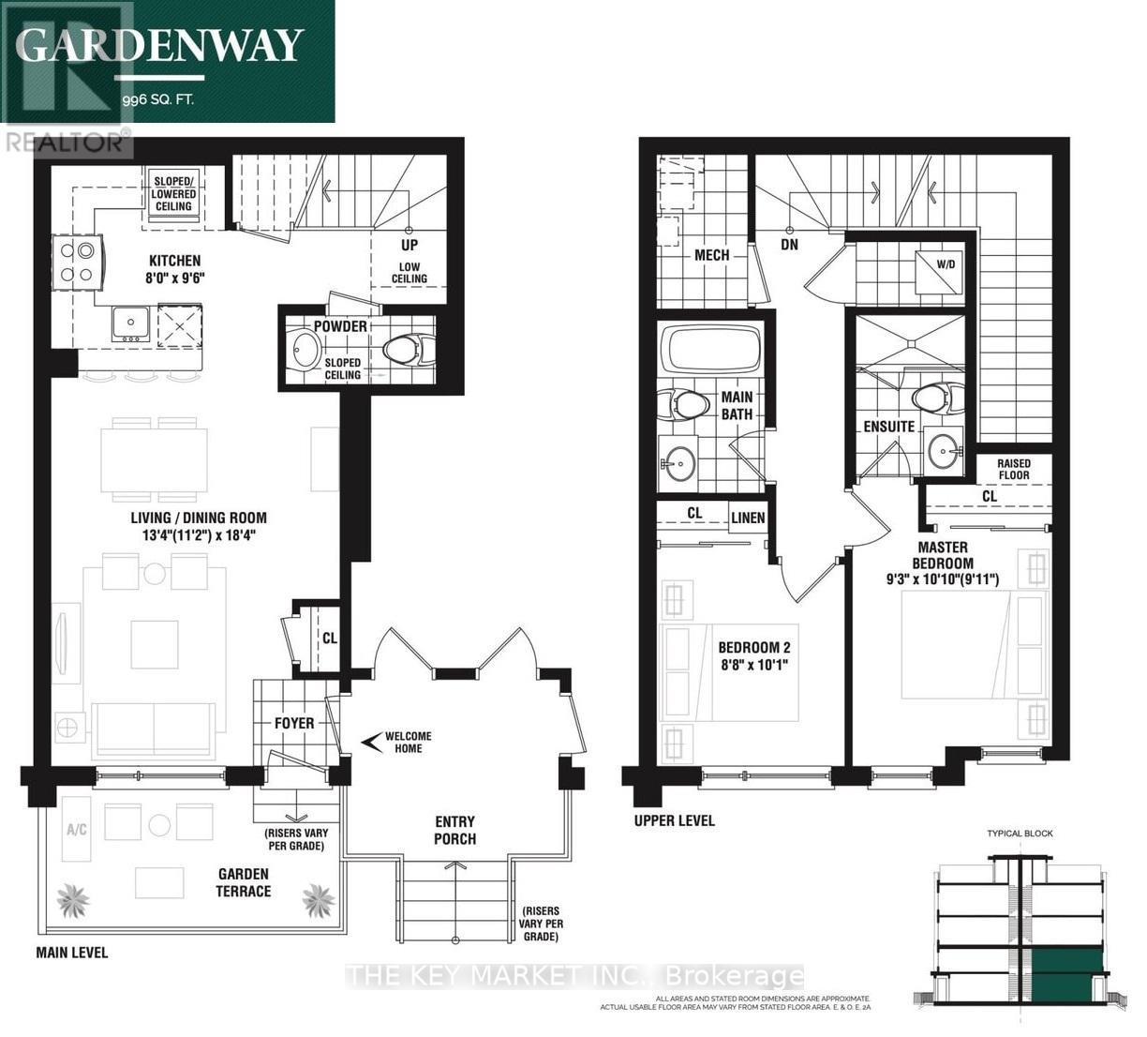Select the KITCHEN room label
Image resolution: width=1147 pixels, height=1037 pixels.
(x=174, y=261)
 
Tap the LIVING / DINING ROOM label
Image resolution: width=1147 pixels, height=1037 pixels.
(x=199, y=518)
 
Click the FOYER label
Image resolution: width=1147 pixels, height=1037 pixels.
(x=293, y=723)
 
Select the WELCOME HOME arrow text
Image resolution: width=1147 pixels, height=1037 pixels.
(x=398, y=742)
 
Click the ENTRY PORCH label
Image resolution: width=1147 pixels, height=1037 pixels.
(x=454, y=830)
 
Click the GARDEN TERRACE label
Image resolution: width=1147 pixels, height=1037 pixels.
(x=244, y=882)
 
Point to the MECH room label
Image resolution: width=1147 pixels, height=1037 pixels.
(x=712, y=255)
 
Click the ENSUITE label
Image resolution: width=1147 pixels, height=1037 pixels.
(x=888, y=427)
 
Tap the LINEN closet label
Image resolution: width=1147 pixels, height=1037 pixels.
(x=748, y=518)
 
